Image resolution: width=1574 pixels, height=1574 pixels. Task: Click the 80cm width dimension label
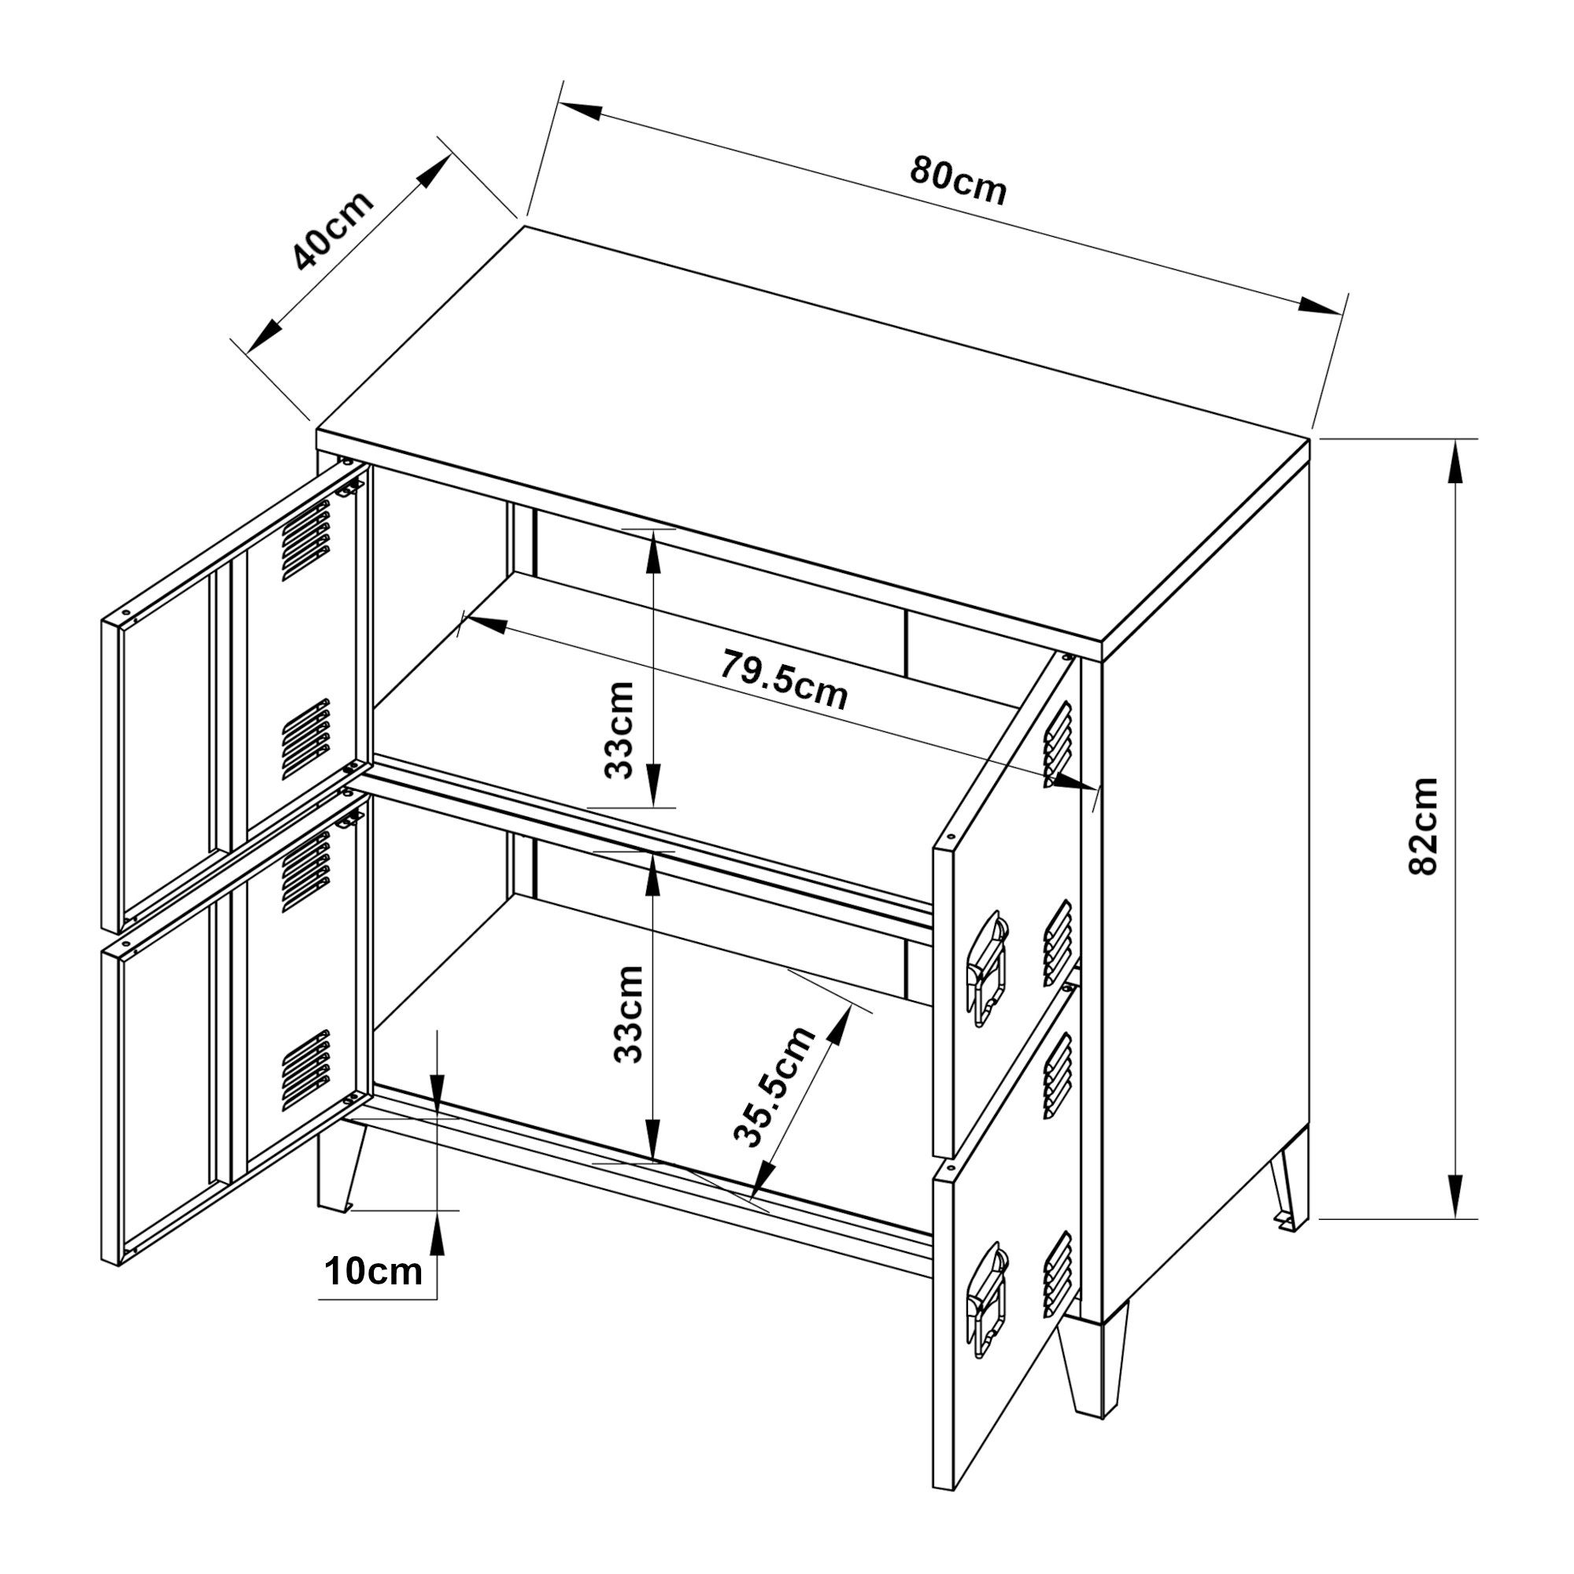click(958, 180)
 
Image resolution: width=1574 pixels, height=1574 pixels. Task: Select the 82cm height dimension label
click(1423, 826)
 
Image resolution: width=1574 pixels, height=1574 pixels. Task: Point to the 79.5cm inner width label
click(783, 680)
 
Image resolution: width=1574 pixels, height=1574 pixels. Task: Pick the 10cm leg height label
click(374, 1271)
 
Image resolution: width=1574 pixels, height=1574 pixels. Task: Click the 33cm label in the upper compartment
click(620, 730)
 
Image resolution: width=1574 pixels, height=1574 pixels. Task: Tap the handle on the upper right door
click(988, 968)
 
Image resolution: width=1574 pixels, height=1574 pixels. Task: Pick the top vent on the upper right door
click(1057, 742)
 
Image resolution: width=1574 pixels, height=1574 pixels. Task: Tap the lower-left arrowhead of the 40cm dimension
click(264, 336)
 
